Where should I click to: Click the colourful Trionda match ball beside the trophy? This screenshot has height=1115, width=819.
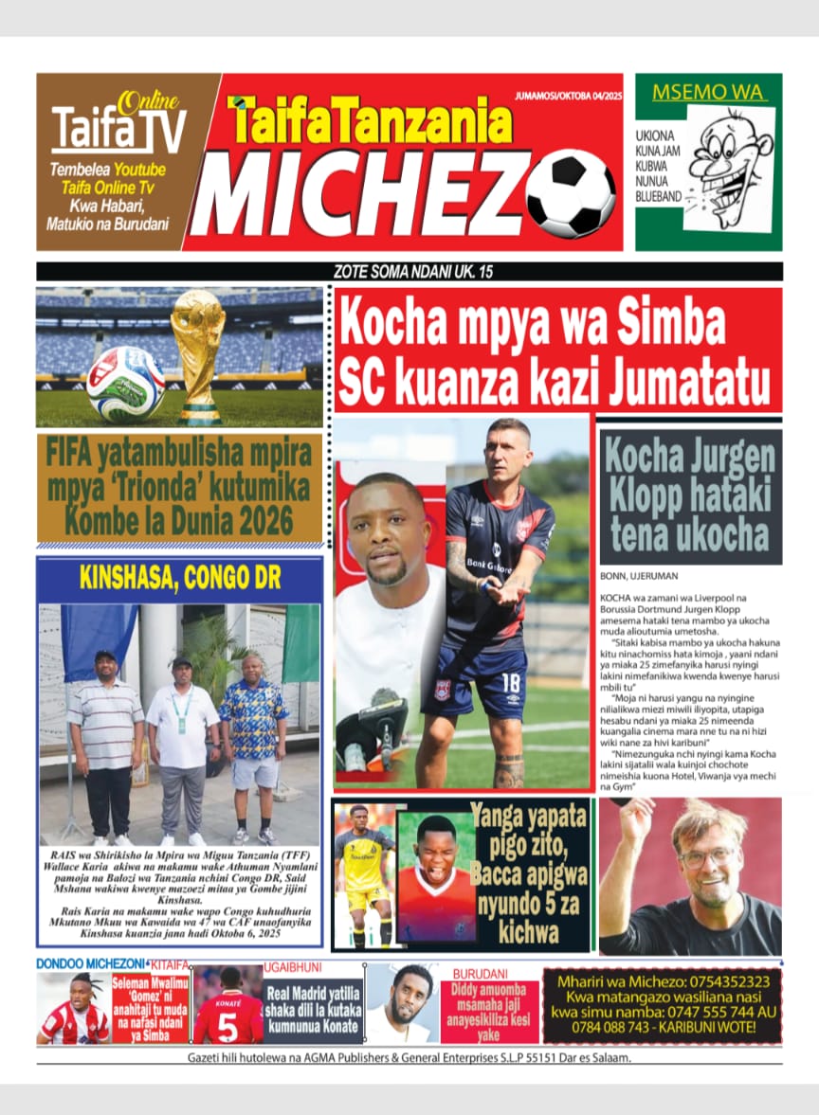126,383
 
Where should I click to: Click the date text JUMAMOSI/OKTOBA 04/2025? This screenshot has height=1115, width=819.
567,96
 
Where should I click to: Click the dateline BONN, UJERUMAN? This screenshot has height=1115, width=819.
639,576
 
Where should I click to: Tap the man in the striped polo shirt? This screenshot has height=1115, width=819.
106,729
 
